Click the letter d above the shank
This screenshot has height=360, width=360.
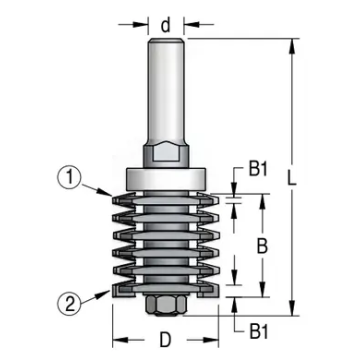pos(166,25)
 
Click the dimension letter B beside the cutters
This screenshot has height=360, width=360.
pos(263,246)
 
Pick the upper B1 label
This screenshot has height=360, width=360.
pos(259,170)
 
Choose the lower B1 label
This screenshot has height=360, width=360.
pos(259,331)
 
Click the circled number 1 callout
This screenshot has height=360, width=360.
pos(70,178)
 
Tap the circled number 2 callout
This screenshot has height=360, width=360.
pos(70,305)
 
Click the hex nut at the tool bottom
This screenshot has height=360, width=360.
pos(166,305)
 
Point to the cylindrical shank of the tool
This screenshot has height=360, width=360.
pos(166,90)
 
